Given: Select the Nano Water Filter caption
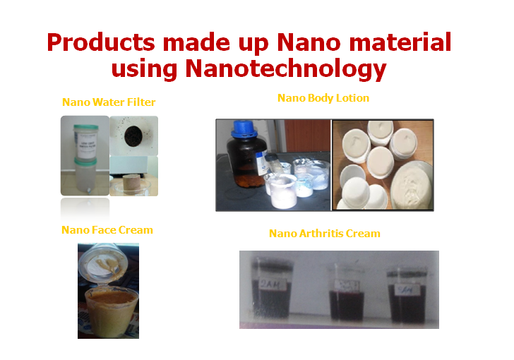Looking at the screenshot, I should pos(109,102).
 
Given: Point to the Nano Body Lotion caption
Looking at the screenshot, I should pos(323,98).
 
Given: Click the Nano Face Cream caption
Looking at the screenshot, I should pos(107,230).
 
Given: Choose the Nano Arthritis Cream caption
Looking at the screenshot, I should pos(325,233).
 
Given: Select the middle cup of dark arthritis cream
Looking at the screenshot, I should pos(347,296).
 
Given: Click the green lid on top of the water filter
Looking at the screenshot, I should pos(84,123).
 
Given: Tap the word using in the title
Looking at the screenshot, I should pos(145,69).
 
